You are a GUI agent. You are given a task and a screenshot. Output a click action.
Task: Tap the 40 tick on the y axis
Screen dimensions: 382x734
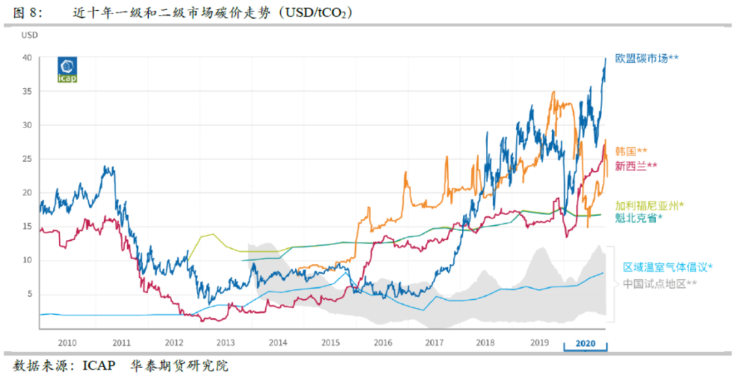pos(27,58)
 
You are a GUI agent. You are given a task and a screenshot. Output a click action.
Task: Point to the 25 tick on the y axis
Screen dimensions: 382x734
pos(27,159)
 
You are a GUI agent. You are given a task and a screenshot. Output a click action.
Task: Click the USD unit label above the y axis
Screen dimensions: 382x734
pos(29,34)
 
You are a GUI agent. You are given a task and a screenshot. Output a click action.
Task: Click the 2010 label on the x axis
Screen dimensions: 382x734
pos(67,343)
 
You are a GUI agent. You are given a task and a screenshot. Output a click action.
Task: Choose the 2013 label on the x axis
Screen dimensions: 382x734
pos(225,343)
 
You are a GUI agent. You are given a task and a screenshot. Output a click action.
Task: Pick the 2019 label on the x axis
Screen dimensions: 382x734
pos(539,343)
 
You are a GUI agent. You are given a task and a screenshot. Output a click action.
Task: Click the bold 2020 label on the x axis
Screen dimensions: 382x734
pos(585,343)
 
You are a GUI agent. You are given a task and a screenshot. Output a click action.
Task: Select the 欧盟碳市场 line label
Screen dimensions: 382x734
pos(646,58)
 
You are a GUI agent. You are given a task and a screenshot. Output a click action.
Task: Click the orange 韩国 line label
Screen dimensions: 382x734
pos(631,151)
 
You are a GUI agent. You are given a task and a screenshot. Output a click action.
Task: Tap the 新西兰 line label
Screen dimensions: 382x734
pos(635,166)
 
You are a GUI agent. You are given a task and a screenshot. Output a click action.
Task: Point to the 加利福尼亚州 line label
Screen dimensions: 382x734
pos(649,205)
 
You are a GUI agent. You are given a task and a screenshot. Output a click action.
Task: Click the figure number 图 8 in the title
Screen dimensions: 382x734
pos(28,12)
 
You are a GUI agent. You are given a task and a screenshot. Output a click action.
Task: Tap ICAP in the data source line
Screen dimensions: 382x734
pos(98,366)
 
